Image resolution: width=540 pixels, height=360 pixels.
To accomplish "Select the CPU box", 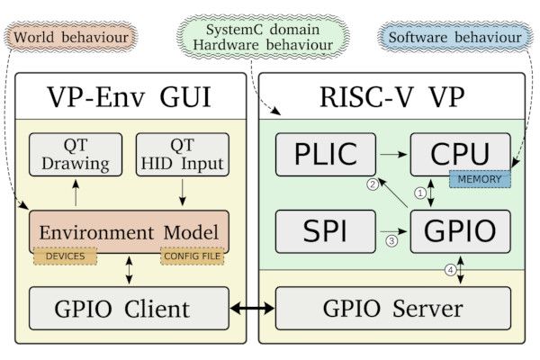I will [460, 153].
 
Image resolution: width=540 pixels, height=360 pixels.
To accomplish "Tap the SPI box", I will [325, 230].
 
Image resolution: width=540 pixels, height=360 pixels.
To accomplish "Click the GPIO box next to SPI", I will [460, 230].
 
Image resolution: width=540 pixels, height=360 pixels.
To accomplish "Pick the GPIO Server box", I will [393, 309].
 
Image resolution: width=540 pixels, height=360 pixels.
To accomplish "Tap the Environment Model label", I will [130, 232].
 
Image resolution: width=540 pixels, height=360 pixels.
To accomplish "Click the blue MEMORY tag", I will [480, 179].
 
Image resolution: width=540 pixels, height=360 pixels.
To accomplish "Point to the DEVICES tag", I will [67, 256].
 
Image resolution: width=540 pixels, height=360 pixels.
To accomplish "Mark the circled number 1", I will [418, 192].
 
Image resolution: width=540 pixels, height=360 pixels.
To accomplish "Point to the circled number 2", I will [371, 184].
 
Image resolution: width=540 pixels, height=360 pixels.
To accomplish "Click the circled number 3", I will [390, 240].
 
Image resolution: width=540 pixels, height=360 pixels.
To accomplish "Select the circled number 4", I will [450, 268].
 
